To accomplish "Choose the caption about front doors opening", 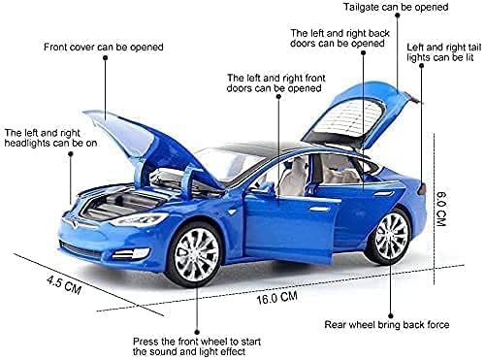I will point(274,83).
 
